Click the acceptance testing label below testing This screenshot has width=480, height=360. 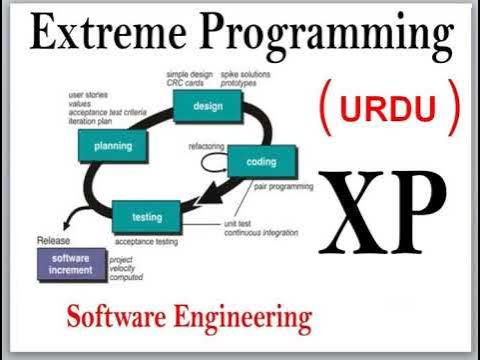coord(148,242)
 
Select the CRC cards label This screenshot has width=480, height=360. coord(189,82)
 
